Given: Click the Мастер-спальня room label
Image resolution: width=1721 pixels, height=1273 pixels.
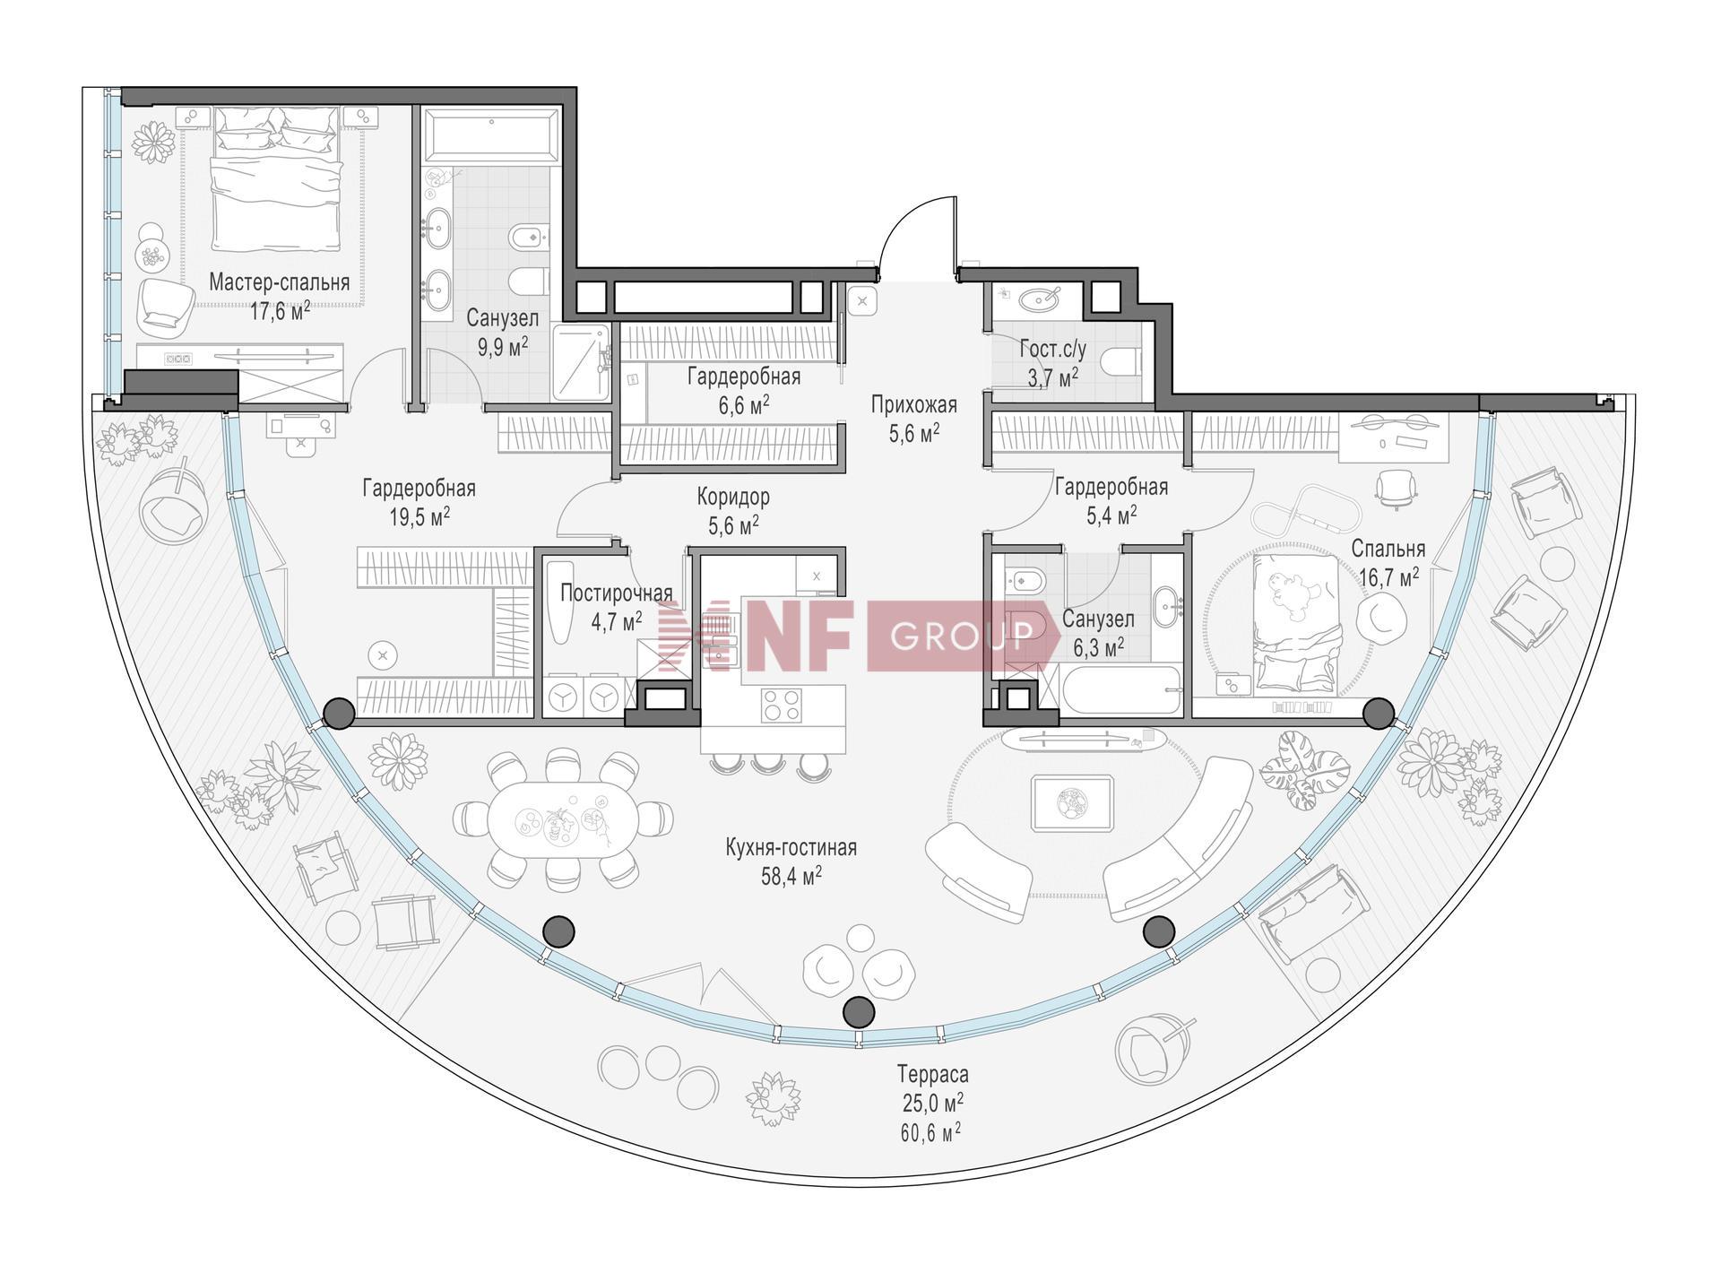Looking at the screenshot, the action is (279, 283).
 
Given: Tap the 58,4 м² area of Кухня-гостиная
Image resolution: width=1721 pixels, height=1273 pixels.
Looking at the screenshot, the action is (791, 876).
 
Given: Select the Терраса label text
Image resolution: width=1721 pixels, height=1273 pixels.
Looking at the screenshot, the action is (933, 1073).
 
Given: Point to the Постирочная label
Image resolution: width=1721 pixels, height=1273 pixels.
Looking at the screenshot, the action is (616, 593).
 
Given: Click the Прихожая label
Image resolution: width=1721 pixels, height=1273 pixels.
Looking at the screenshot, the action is (914, 405).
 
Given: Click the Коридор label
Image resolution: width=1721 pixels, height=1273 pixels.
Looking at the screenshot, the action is (733, 496).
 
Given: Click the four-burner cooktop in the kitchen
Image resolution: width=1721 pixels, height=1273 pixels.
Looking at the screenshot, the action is (783, 705).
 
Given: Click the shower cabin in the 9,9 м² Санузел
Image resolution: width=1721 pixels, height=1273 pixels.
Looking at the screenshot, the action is (580, 362).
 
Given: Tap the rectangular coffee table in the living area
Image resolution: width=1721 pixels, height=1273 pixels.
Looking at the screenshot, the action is (1072, 802).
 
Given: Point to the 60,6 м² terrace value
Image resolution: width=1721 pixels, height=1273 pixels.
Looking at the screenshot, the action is (931, 1131).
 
